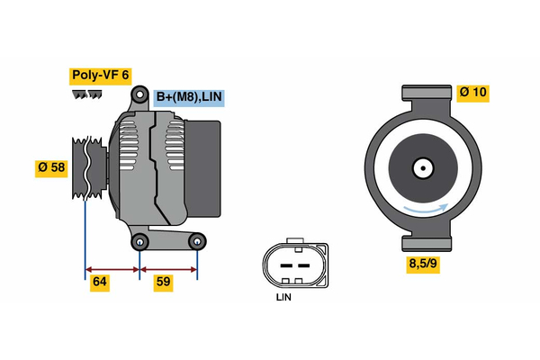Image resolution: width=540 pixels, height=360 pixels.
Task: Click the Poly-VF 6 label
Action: (99, 76)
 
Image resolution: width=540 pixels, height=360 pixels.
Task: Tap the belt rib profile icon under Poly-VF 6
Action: (86, 94)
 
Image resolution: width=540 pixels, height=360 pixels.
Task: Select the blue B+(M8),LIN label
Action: (188, 97)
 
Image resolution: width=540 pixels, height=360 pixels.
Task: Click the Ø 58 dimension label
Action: (51, 168)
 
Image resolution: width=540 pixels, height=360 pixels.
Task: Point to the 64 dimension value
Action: (102, 283)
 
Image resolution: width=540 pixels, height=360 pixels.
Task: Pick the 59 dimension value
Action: (164, 283)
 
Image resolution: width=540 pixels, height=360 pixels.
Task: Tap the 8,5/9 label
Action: (426, 265)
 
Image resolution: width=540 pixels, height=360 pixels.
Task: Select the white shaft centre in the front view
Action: (421, 167)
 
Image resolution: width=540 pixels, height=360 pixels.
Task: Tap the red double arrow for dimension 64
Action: (112, 268)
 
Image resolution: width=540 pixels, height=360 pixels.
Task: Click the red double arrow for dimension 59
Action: (168, 268)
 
